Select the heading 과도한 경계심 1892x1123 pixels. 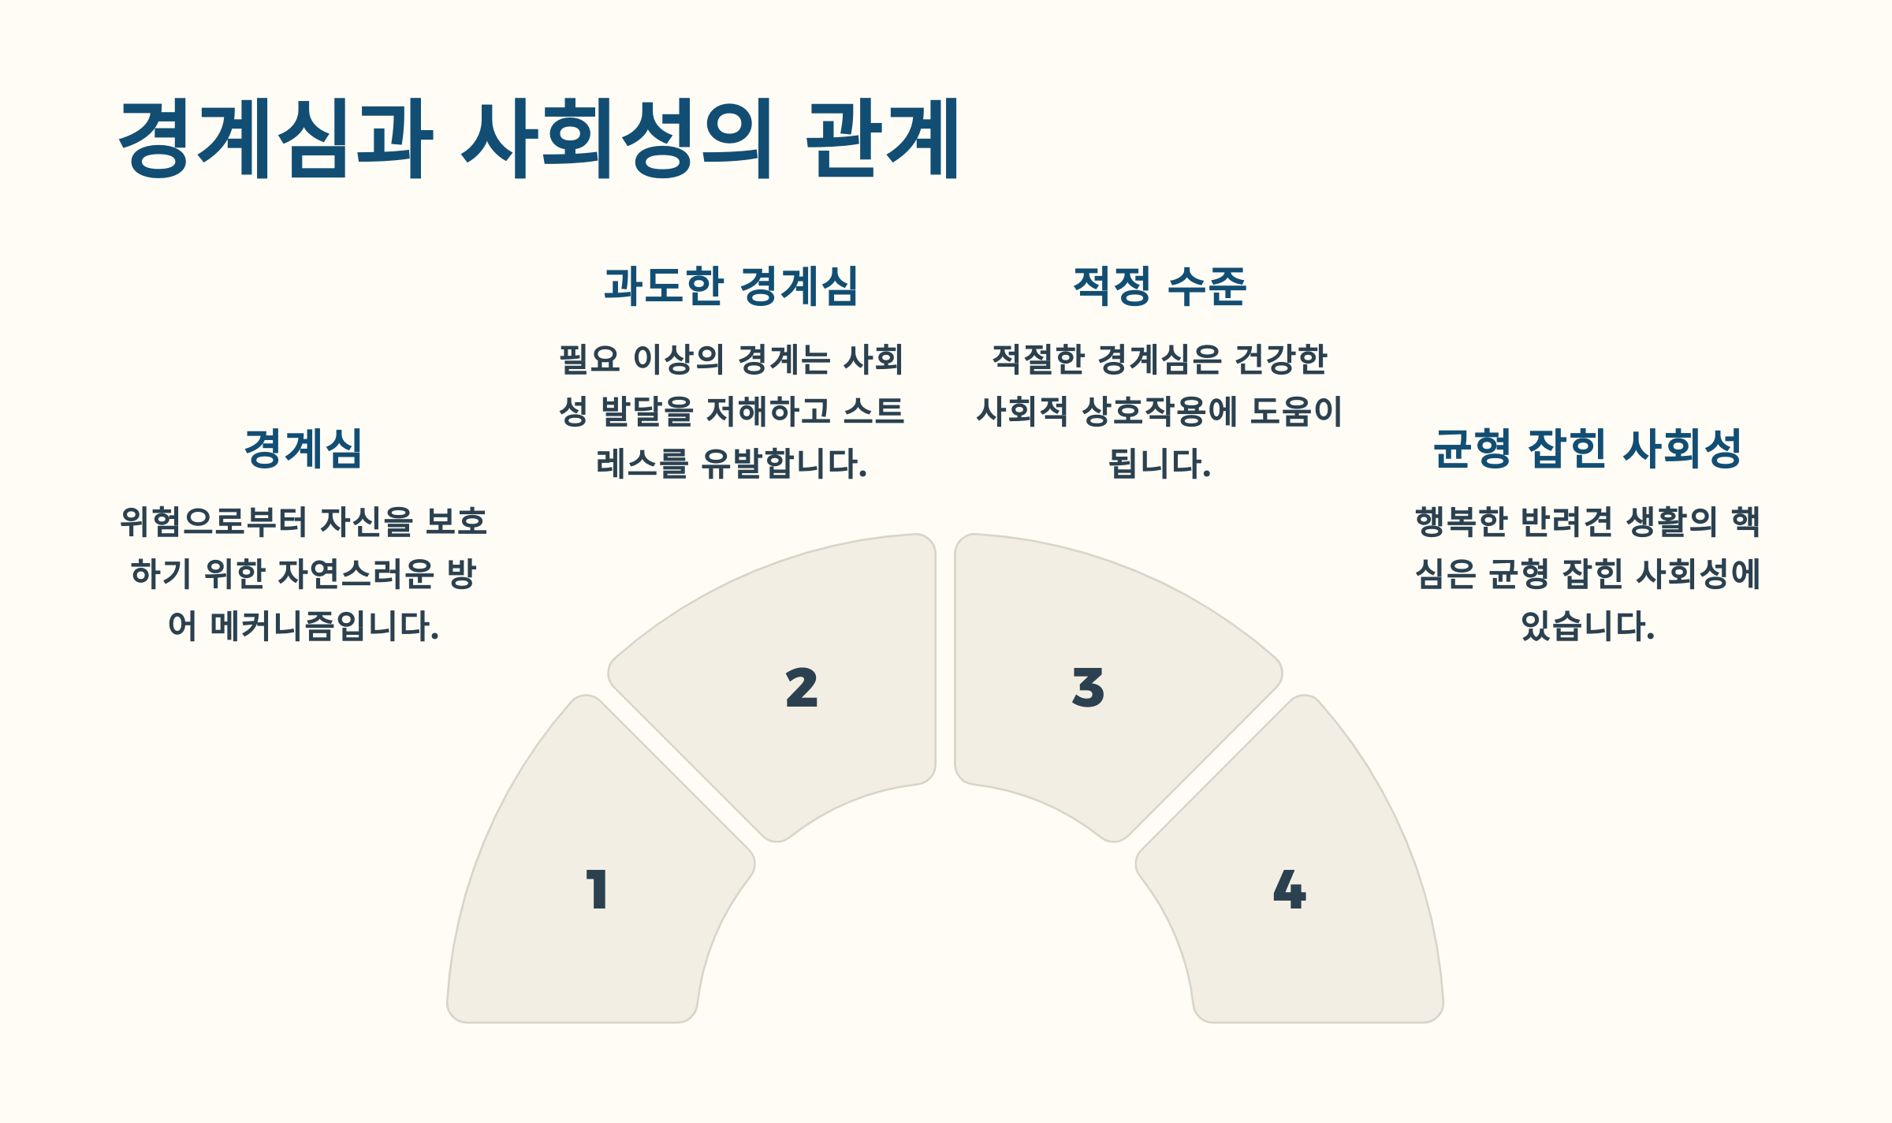pos(731,285)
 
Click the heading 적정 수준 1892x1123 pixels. pos(1160,285)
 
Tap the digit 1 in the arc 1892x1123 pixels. pos(597,890)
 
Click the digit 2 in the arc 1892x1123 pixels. pos(802,688)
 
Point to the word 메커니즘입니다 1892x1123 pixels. pos(324,626)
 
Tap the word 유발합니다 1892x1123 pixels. pos(784,464)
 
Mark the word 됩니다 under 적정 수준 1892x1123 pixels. pos(1159,464)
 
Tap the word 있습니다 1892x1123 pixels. pos(1587,626)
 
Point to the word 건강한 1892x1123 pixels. pos(1280,360)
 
